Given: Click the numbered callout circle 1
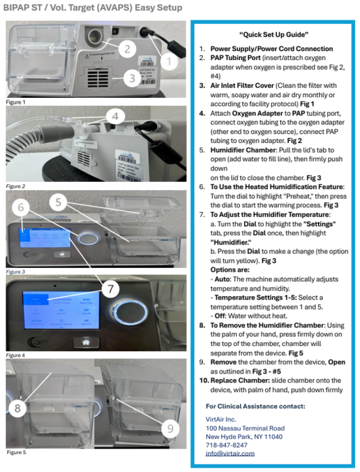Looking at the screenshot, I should point(169,61).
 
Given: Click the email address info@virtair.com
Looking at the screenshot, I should point(230,453).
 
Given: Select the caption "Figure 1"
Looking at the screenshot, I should point(16,103).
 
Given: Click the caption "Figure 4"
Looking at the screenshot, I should point(16,356).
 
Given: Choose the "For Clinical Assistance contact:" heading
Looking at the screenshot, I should point(255,406).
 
